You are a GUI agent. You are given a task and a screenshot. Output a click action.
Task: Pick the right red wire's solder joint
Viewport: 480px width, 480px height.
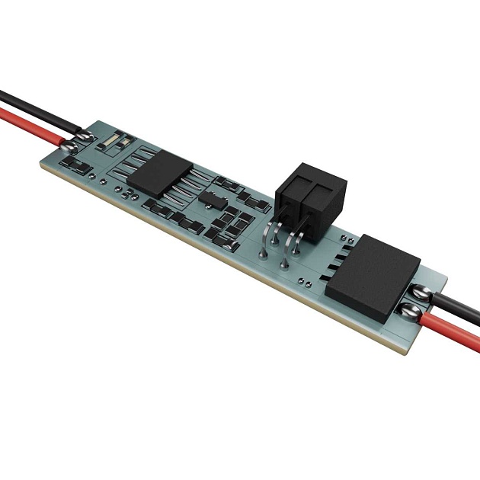(x=409, y=310)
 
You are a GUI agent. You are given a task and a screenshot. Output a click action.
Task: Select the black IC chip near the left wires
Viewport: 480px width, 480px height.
(x=161, y=172)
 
